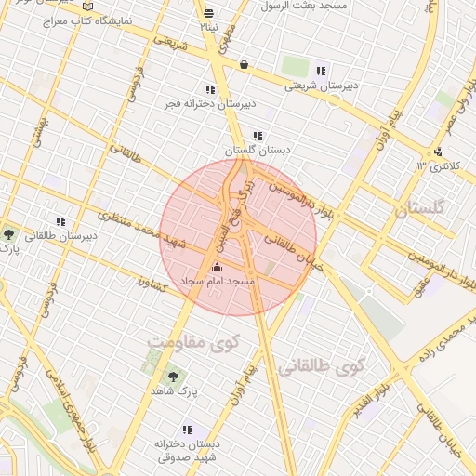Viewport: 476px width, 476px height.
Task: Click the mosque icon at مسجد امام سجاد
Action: [218, 268]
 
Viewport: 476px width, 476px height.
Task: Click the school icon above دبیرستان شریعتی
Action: [321, 71]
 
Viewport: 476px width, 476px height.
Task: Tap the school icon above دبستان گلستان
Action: [258, 136]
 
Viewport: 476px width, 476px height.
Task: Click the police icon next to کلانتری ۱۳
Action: [438, 152]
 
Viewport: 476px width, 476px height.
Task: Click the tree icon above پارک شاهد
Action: [171, 377]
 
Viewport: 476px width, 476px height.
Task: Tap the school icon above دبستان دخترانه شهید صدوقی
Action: [187, 430]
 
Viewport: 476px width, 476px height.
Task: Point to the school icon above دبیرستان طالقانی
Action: [60, 222]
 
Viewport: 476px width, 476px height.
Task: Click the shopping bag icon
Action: [244, 65]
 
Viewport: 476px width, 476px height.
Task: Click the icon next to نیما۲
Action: [208, 13]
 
